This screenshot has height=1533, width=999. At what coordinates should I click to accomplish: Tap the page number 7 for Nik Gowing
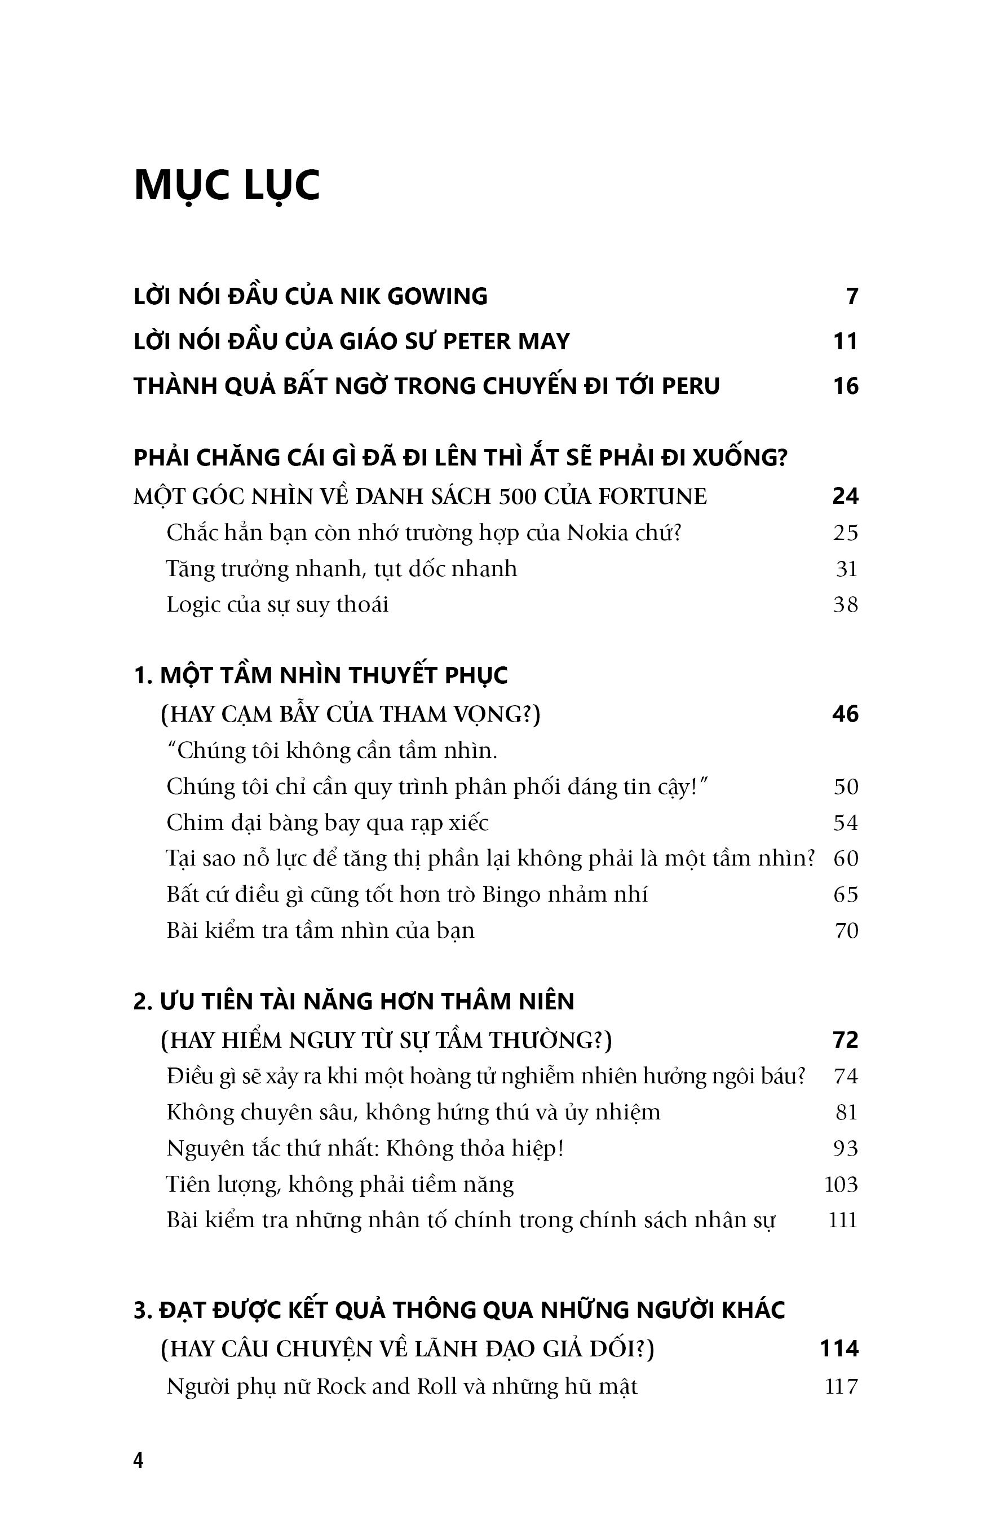(x=852, y=296)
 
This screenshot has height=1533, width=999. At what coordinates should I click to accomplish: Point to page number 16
(x=845, y=386)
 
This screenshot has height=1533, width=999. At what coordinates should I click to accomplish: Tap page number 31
(x=846, y=569)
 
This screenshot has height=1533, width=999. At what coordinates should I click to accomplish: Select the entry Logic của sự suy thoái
(x=277, y=605)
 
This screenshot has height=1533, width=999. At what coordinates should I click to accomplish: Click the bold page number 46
(x=845, y=714)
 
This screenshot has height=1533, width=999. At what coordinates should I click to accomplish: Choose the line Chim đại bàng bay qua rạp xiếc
(x=327, y=823)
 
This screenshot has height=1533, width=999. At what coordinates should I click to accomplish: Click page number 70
(x=846, y=931)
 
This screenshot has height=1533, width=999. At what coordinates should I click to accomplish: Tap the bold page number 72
(x=845, y=1040)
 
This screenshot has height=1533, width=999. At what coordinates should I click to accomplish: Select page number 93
(x=846, y=1148)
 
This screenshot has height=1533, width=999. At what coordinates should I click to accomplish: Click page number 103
(x=841, y=1184)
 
